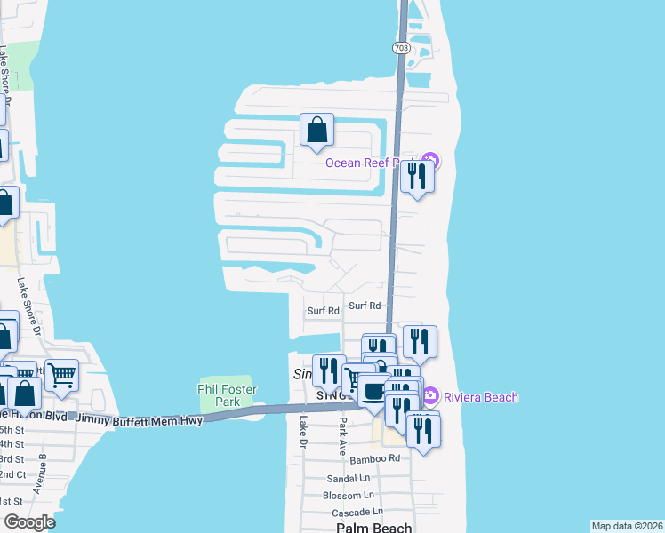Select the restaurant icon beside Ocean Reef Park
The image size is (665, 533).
click(416, 177)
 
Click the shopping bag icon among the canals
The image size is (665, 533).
click(316, 131)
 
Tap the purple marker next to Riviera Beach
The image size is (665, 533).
click(431, 396)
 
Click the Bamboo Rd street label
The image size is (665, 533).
click(375, 458)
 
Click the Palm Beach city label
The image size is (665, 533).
click(374, 528)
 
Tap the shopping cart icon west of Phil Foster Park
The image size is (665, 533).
click(61, 375)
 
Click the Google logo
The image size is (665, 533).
click(29, 522)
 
